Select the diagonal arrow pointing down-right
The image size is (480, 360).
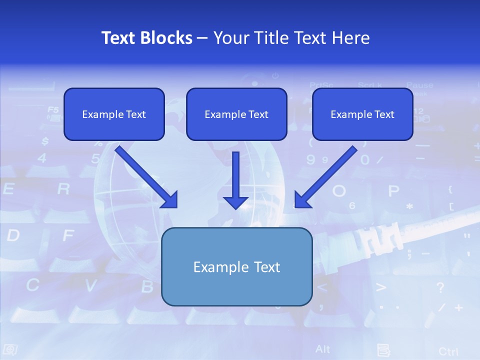click(147, 177)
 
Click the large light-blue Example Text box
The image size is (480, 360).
click(236, 266)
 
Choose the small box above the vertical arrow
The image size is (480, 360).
click(236, 114)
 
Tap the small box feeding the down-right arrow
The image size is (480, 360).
click(114, 114)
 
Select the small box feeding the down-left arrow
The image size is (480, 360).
click(362, 114)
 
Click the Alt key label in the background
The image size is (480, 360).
click(323, 348)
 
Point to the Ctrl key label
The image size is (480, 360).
click(448, 351)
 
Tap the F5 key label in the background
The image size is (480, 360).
click(53, 109)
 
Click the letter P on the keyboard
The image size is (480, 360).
click(394, 191)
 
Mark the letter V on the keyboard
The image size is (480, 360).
click(90, 285)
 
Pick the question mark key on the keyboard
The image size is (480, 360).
click(440, 287)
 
